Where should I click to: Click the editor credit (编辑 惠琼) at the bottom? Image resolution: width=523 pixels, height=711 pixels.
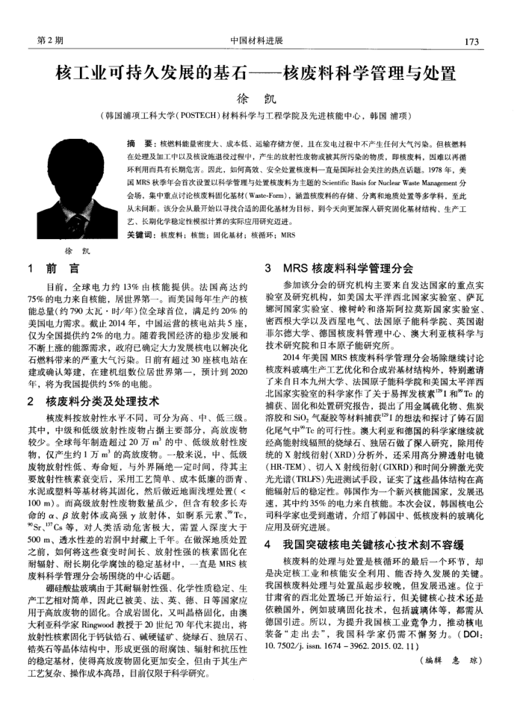tap(453, 640)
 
